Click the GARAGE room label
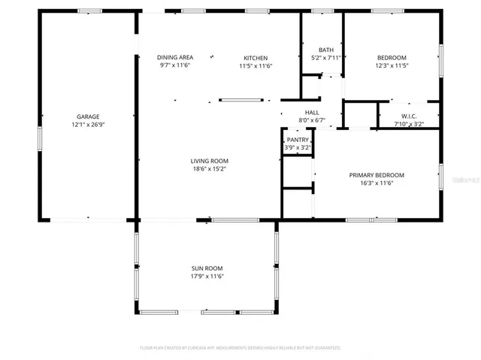click(x=88, y=116)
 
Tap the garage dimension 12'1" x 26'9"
click(x=88, y=125)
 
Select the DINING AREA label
click(x=175, y=58)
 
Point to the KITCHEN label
click(x=255, y=58)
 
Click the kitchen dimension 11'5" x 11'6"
click(x=255, y=66)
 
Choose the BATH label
click(x=325, y=50)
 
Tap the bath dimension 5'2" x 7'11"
click(x=325, y=58)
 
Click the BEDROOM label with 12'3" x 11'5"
click(x=392, y=58)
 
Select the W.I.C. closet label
click(x=408, y=116)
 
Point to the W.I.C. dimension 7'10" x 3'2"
click(x=408, y=124)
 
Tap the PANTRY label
click(x=298, y=140)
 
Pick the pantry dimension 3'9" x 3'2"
click(x=298, y=148)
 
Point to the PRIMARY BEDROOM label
click(x=377, y=175)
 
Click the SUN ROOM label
click(x=207, y=268)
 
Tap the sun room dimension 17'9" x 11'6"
click(x=207, y=277)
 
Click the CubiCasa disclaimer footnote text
click(x=240, y=348)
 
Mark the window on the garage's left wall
click(x=39, y=139)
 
